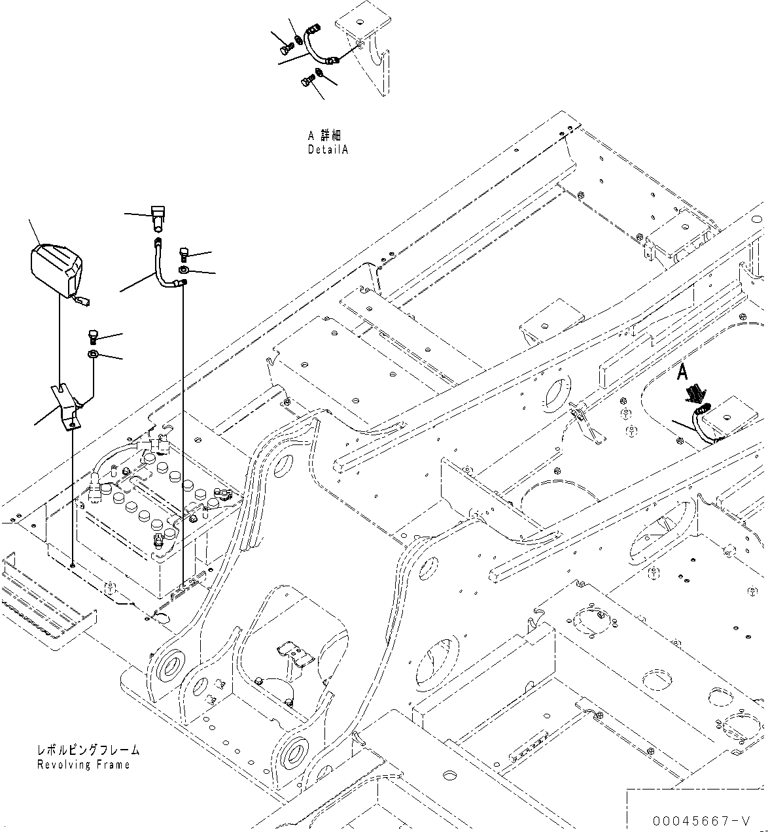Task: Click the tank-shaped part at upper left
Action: point(56,269)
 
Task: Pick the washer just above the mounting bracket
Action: point(93,354)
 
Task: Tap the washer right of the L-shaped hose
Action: point(184,269)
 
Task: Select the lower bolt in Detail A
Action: point(306,82)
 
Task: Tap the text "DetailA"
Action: point(328,150)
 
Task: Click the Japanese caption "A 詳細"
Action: point(324,136)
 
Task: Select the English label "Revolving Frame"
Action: point(83,765)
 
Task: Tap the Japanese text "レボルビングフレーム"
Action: point(88,751)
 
